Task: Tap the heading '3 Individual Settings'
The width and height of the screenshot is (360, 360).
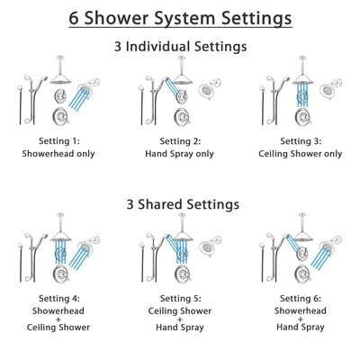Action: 180,47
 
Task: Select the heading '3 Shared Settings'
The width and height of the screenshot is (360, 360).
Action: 180,203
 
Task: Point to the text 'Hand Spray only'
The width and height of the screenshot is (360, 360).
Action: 180,154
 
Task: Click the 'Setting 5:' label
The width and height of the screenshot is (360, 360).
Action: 180,298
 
